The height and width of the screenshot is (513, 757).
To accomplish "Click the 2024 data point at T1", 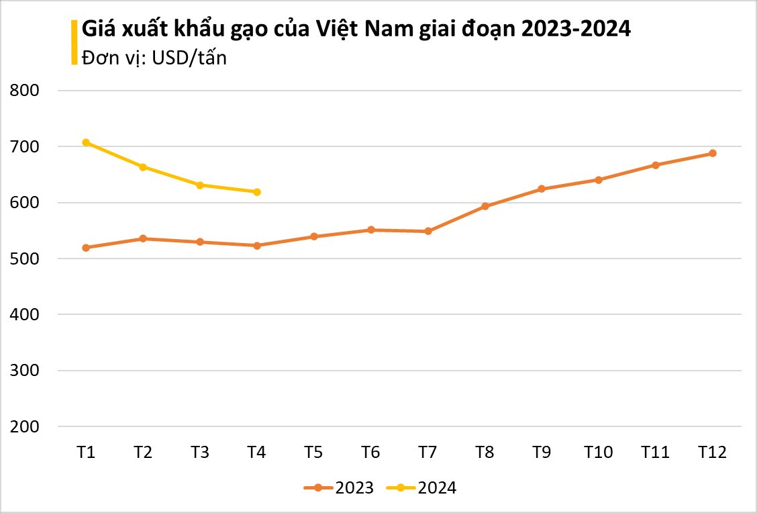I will pos(86,142).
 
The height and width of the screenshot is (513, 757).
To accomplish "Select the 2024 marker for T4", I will pos(257,192).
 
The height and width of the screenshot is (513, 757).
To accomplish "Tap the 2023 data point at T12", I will pos(713,153).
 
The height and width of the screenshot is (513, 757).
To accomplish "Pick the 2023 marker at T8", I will pos(485,206).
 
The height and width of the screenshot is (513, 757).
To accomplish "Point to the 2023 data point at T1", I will pos(86,248).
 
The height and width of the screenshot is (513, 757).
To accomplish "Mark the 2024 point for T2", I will pos(143,167).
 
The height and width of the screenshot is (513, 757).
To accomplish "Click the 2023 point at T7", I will pos(428,231).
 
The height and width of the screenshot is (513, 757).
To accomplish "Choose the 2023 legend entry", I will pos(339,488).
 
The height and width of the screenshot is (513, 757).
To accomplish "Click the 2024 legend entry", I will pos(422,488).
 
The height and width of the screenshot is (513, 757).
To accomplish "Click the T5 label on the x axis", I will pos(313,453).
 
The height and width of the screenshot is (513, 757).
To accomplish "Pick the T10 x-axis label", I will pos(598,453).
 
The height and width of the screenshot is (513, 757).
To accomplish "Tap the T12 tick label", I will pos(712,453).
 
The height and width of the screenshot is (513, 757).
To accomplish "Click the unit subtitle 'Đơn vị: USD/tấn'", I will pos(154,58).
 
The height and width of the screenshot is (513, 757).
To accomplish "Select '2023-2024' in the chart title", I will pos(574,30).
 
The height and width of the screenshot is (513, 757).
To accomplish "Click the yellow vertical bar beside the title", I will pos(74,42).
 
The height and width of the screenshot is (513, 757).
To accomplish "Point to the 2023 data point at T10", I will pos(599,180).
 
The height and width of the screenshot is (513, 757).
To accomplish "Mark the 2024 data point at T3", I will pos(200,185).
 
